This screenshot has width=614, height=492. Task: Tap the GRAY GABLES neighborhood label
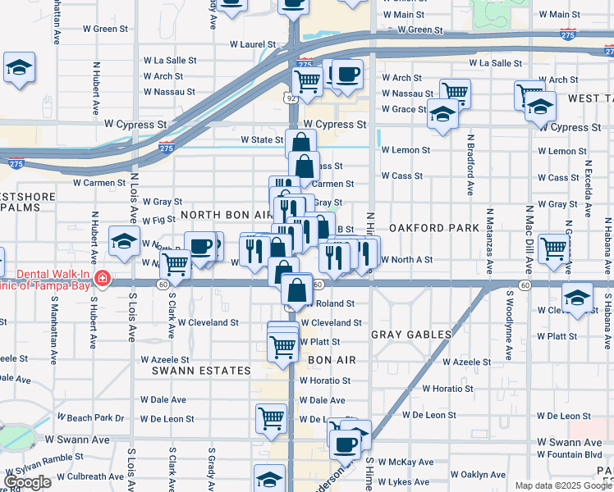tap(411, 335)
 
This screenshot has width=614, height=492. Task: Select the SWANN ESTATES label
tap(201, 371)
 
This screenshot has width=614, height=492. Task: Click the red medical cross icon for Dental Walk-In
tap(102, 279)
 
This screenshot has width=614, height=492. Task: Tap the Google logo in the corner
tap(28, 482)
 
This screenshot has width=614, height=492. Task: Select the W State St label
tap(261, 140)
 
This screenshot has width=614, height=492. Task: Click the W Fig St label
tap(158, 221)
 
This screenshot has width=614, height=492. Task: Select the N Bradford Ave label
tap(470, 165)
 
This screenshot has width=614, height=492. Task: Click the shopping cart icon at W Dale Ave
tap(271, 418)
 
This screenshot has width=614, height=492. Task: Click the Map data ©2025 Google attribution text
tap(562, 485)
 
